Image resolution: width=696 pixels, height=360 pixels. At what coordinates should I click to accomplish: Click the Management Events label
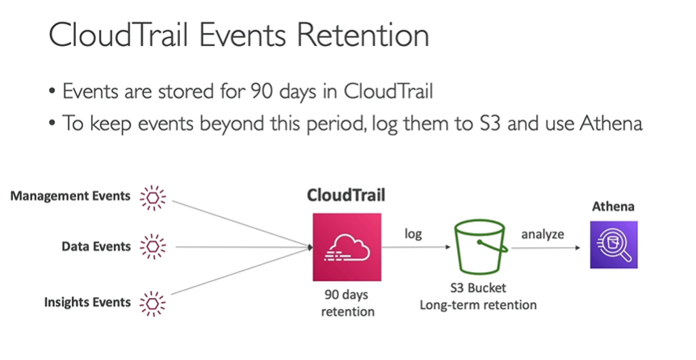point(70,196)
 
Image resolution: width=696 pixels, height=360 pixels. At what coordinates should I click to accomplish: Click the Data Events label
point(96,246)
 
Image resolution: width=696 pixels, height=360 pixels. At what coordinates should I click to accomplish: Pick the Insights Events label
point(87,302)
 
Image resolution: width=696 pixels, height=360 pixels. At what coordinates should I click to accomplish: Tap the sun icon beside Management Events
point(152,197)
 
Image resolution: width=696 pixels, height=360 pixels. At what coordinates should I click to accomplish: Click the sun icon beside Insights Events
point(152,303)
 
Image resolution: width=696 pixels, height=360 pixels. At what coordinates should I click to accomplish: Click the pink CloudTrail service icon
point(346,246)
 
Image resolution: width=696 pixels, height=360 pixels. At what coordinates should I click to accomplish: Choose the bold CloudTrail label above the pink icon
point(346,195)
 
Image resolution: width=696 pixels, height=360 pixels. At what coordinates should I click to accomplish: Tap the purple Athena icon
point(614,246)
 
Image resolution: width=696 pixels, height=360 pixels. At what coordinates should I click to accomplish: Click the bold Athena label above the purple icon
point(614,207)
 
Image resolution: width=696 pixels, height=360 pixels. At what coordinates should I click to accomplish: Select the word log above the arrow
point(413,234)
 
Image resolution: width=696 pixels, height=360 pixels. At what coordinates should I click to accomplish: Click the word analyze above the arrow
point(542,234)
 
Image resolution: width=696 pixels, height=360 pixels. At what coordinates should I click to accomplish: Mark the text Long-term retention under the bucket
point(478,304)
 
